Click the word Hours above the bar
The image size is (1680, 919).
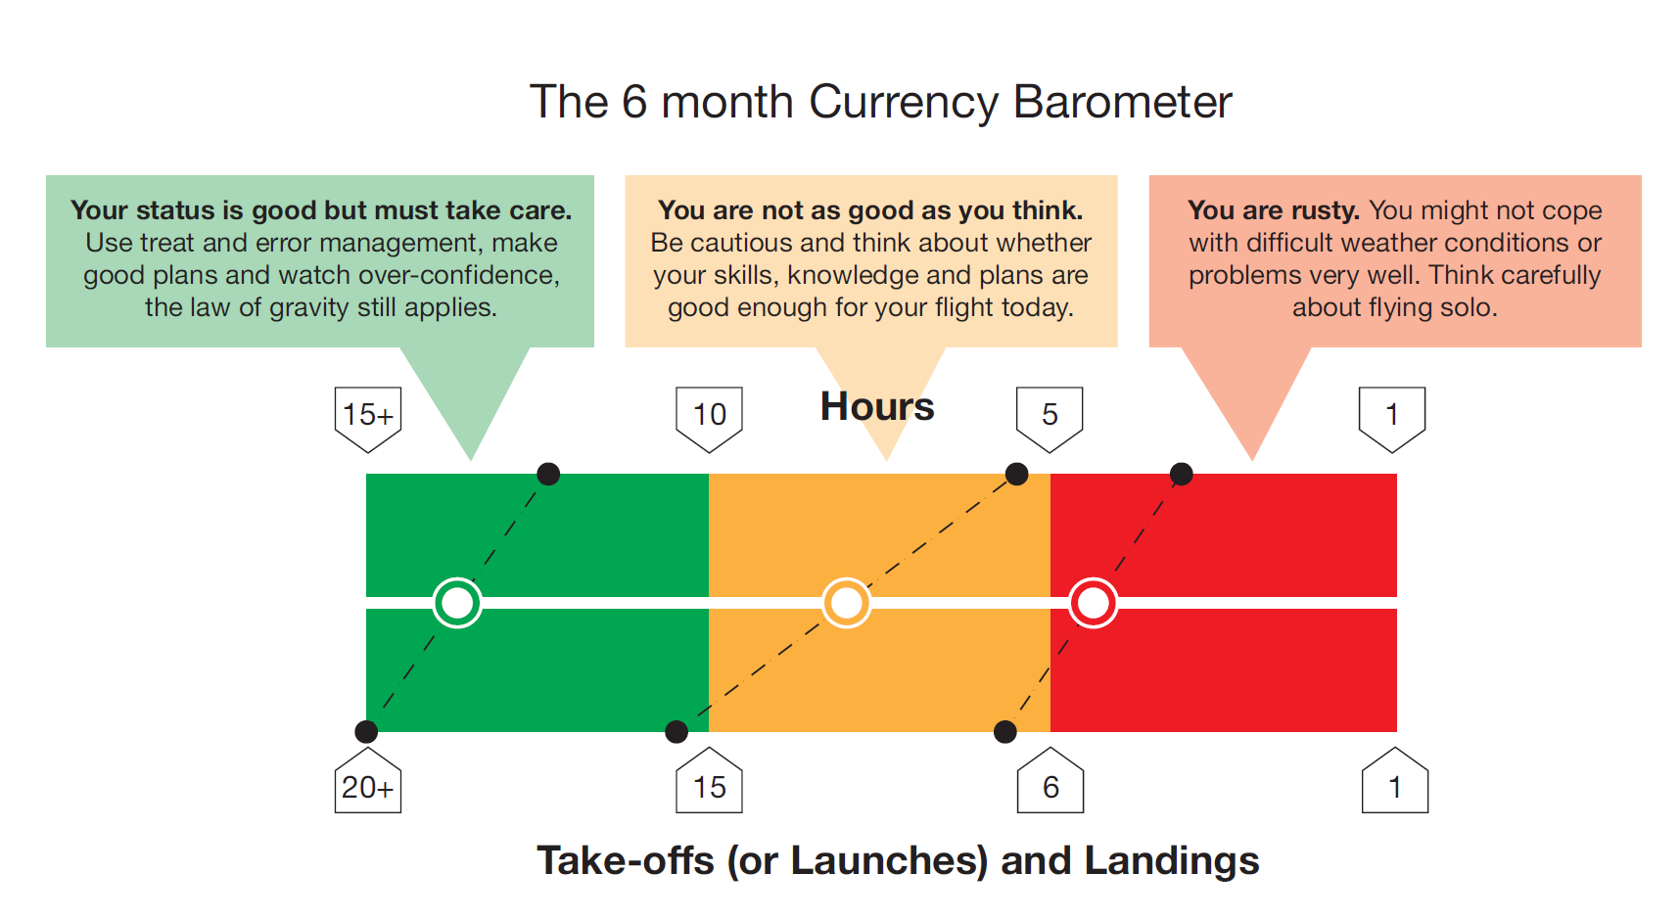click(877, 406)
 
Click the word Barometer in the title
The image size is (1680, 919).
click(1122, 102)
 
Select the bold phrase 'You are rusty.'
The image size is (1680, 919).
click(1274, 210)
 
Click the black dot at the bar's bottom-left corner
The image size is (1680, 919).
click(366, 731)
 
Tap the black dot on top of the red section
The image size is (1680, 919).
click(1182, 475)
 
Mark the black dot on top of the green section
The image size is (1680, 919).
click(548, 475)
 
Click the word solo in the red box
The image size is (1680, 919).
click(1466, 307)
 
